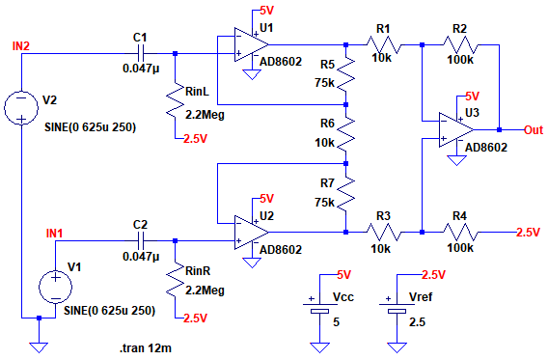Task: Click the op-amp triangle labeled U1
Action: tap(251, 44)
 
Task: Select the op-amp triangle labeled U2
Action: tap(251, 232)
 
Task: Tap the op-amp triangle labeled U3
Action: tap(456, 129)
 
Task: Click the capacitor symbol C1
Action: tap(141, 53)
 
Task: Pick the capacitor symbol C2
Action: tap(141, 241)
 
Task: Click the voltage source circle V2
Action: tap(21, 107)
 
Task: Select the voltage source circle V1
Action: tap(55, 288)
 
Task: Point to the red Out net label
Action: tap(534, 130)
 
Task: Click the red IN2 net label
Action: tap(21, 46)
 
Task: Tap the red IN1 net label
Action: tap(55, 234)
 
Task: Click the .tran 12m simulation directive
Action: tap(146, 348)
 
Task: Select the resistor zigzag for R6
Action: tap(346, 134)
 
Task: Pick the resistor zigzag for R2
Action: tap(461, 44)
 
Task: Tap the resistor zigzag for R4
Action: tap(461, 232)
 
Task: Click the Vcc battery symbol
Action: tap(319, 308)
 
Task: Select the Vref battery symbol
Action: tap(397, 308)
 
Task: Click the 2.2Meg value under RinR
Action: tap(205, 291)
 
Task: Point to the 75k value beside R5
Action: tap(325, 83)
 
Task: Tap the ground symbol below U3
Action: tap(456, 160)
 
